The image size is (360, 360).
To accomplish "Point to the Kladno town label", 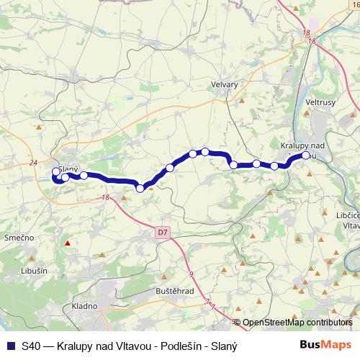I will [85, 306].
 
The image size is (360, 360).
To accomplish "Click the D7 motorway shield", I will [163, 233].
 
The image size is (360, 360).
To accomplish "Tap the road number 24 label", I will [33, 163].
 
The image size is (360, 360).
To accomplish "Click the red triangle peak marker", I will [67, 243].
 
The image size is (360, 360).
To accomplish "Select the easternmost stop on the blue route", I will [305, 156].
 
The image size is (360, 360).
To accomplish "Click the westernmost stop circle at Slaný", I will [56, 172].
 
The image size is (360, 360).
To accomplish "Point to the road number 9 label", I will [192, 274].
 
